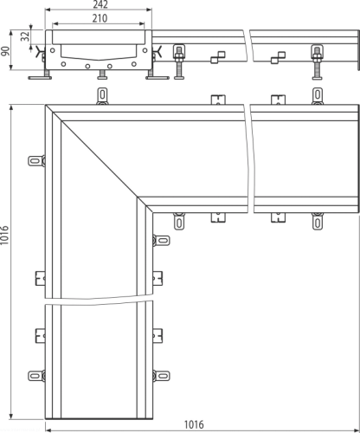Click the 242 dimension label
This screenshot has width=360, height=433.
tap(100, 4)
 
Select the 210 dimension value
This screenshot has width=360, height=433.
tap(100, 18)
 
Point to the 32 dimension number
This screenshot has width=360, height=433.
tap(25, 36)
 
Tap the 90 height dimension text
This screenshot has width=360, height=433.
tap(5, 51)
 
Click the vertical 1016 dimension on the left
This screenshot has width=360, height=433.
tap(4, 236)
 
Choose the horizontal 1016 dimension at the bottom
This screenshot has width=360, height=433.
tap(194, 424)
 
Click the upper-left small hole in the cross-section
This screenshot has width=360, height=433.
tap(52, 50)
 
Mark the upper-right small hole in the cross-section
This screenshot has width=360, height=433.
tap(145, 50)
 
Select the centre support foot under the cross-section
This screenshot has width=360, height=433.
tap(102, 74)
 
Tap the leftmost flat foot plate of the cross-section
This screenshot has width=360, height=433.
tap(40, 77)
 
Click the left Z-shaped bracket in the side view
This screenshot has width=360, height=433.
tap(218, 57)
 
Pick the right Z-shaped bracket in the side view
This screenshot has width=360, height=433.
tap(278, 57)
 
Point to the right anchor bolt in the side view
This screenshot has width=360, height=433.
tap(317, 62)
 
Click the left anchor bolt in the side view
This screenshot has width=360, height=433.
tap(179, 61)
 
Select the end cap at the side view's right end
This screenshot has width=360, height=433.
tap(358, 49)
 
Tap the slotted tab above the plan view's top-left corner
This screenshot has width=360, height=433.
tap(102, 95)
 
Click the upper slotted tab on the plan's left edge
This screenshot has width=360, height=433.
tap(36, 160)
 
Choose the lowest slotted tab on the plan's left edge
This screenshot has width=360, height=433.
tap(36, 376)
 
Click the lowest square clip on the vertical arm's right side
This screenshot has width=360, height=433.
tap(157, 336)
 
